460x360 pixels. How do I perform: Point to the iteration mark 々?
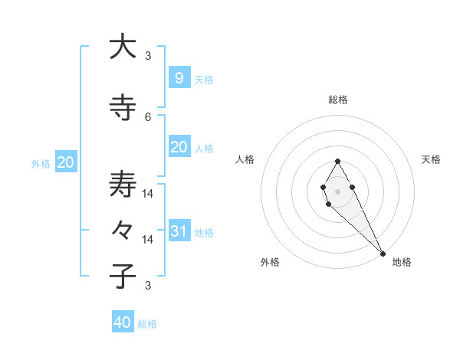click(x=123, y=231)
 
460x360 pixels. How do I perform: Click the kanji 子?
click(x=123, y=277)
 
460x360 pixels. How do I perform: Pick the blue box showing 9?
click(x=179, y=77)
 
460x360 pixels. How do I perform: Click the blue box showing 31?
click(x=179, y=231)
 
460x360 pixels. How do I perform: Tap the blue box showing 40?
click(x=123, y=322)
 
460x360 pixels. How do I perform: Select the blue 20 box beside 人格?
click(x=179, y=147)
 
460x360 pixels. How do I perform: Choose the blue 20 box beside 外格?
click(x=66, y=162)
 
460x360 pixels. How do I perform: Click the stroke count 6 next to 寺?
click(x=148, y=116)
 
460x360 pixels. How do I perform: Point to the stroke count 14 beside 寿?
click(x=148, y=193)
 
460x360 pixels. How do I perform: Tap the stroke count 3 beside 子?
click(x=148, y=286)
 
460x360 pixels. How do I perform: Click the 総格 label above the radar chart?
click(x=338, y=100)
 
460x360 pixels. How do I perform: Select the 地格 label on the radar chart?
click(x=402, y=262)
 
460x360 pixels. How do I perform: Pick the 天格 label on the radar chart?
click(x=431, y=159)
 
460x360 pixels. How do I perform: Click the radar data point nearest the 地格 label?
click(x=383, y=253)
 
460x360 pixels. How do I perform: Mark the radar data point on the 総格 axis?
click(x=337, y=161)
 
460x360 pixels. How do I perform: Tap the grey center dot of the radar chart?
click(x=337, y=191)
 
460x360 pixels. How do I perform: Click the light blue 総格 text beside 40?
click(x=147, y=324)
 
